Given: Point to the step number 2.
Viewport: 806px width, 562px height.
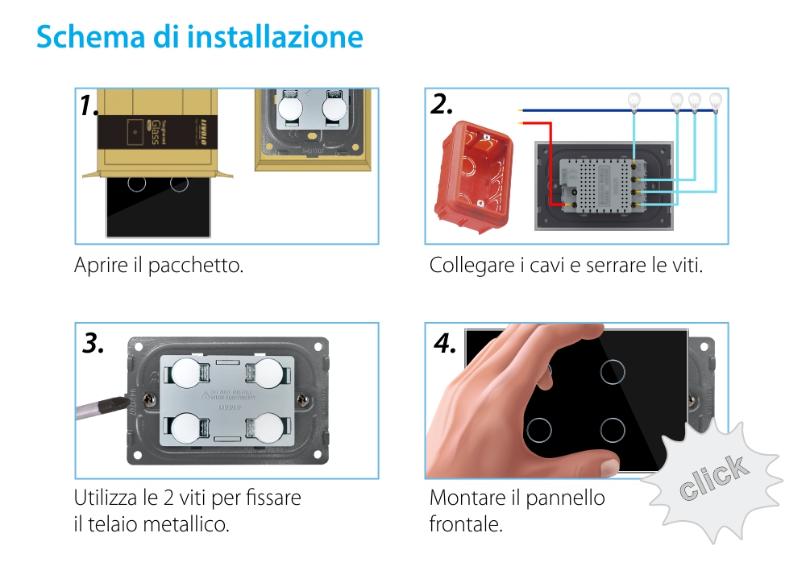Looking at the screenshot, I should click(442, 104).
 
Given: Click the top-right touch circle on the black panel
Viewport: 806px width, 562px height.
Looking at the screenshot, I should click(613, 371).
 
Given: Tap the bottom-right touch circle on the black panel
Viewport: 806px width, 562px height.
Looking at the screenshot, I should click(613, 429).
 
